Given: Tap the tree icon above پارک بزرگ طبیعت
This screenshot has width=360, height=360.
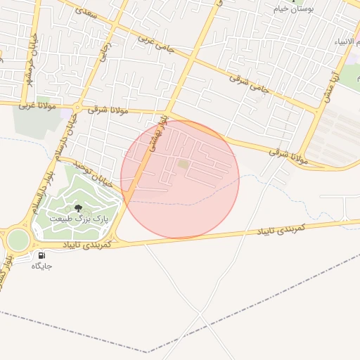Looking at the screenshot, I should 77,208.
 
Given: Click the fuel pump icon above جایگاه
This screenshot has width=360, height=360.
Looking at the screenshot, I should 41,255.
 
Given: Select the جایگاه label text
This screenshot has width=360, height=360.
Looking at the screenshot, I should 41,266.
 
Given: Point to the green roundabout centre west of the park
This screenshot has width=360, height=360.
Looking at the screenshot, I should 18,240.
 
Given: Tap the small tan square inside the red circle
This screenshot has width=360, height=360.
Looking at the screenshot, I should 183,165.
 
